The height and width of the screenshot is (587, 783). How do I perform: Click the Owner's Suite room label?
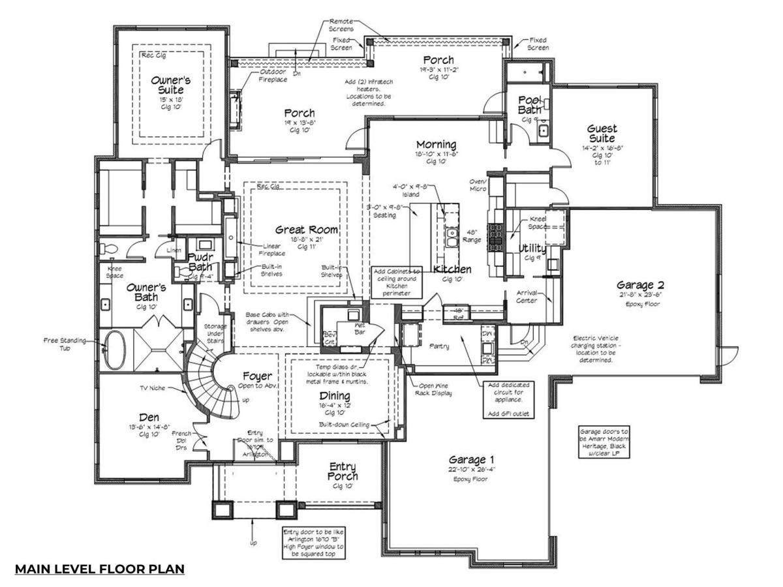click(171, 85)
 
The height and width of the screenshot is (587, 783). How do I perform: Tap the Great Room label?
click(307, 230)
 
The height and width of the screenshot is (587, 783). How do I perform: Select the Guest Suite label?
click(602, 134)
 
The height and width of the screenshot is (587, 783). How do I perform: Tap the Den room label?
click(149, 417)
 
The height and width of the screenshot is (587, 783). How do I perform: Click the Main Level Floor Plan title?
click(100, 569)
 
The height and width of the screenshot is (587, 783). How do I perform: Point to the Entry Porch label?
click(342, 471)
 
